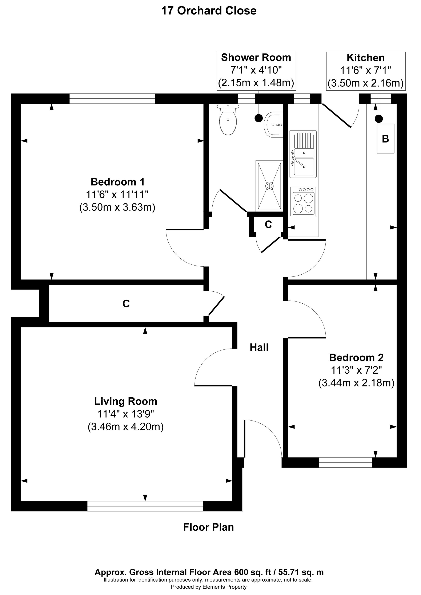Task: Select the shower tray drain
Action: (x=269, y=186)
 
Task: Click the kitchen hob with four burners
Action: (x=303, y=201)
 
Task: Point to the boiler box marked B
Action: (x=385, y=139)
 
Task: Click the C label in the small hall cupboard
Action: (x=268, y=224)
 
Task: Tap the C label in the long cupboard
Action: (x=126, y=303)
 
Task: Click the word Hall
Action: (x=259, y=348)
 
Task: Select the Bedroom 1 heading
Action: (x=117, y=182)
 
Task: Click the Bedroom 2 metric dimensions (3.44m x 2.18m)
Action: (x=356, y=383)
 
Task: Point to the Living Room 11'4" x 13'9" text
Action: (x=125, y=414)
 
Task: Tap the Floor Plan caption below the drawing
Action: (x=208, y=527)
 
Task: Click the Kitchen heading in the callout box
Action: (x=365, y=58)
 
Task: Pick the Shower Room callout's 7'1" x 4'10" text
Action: (x=256, y=70)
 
